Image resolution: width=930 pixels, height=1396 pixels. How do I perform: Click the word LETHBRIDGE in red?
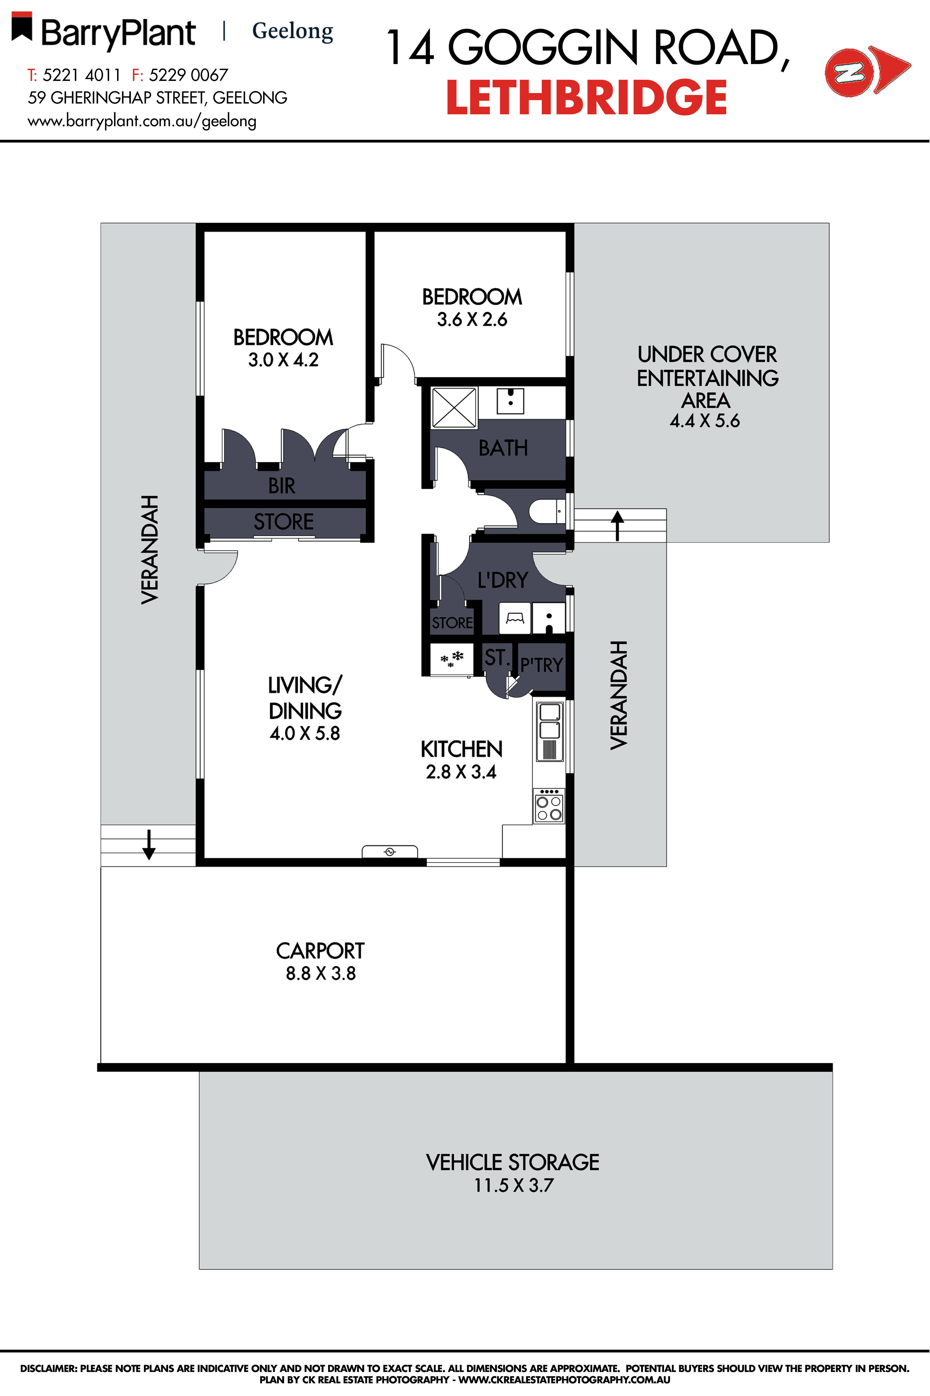coord(586,98)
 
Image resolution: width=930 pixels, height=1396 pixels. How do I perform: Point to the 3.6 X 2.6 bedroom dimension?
coord(472,320)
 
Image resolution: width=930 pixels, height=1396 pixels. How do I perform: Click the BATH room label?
coord(503,448)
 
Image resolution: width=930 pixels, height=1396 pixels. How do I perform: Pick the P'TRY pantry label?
coord(541,665)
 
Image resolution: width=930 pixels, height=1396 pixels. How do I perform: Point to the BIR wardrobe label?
coord(282,486)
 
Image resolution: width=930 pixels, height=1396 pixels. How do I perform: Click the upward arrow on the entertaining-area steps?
coord(617,525)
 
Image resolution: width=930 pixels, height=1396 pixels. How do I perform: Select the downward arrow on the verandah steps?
coord(149,845)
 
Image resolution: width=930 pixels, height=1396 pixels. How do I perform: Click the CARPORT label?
coord(320,951)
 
